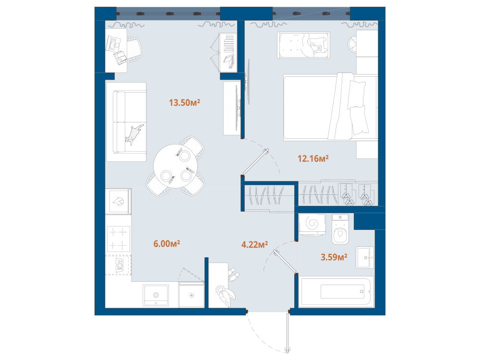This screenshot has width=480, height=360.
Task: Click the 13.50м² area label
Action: [x=184, y=102]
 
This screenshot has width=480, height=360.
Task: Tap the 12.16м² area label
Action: [x=313, y=158]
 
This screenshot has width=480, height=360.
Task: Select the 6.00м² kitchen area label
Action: [x=167, y=244]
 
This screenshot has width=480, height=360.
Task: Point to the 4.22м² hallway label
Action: [x=254, y=244]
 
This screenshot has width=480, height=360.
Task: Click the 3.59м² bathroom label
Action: [x=334, y=257]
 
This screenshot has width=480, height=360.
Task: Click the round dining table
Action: [x=175, y=166]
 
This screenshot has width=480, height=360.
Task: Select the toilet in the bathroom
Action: [x=340, y=229]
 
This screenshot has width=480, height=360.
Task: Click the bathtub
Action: [x=336, y=291]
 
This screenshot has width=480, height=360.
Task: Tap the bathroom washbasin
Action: [x=365, y=257]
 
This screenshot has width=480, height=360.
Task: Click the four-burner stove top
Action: [x=118, y=239]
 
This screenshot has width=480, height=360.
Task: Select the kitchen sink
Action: [x=156, y=295]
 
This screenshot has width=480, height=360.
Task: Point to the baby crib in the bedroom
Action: [x=303, y=45]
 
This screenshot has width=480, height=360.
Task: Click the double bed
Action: [x=331, y=107]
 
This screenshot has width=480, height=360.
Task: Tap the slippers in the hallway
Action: [x=234, y=275]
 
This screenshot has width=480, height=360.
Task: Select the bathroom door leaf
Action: [x=285, y=261]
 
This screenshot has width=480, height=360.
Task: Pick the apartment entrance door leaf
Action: [x=288, y=332]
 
